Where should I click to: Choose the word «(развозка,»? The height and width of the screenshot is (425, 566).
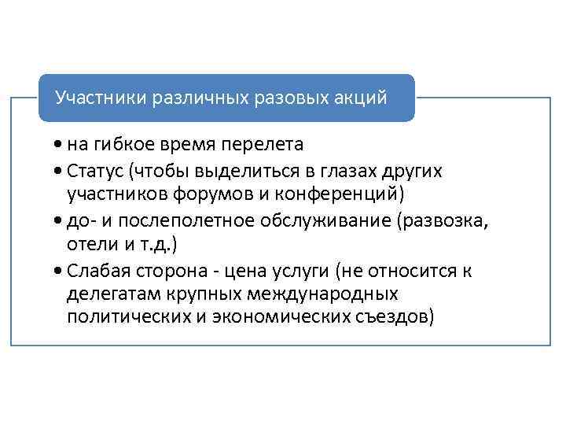click(443, 220)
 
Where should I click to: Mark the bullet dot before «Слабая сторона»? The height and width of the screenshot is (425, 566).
click(61, 272)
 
